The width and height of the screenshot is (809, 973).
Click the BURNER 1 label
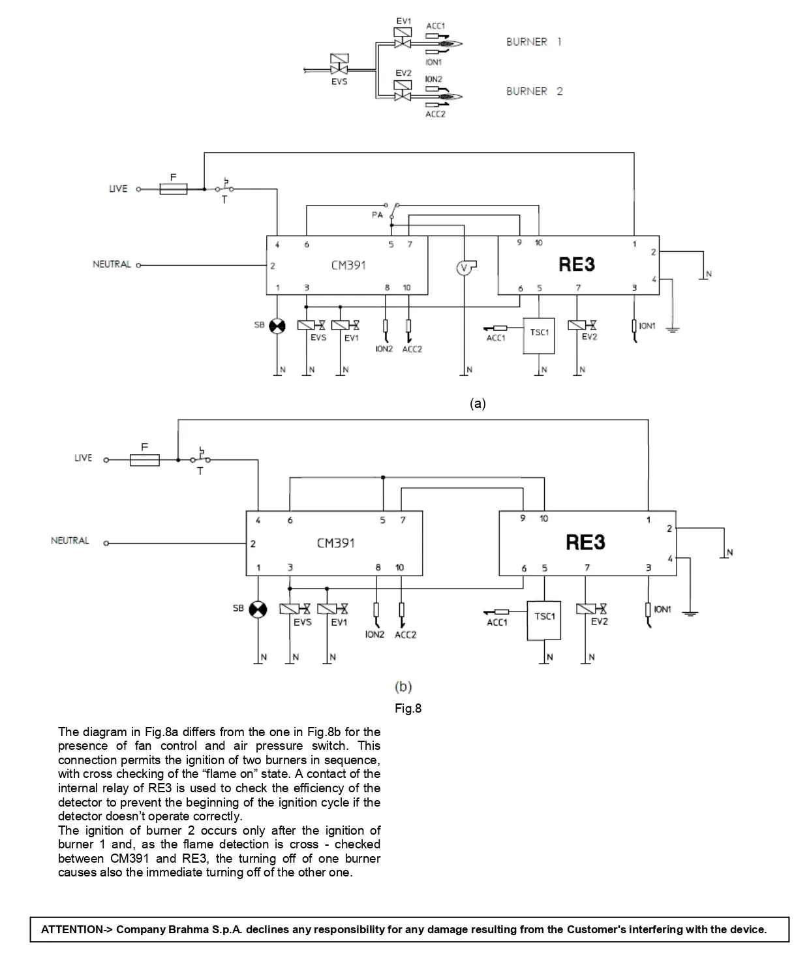[x=534, y=42]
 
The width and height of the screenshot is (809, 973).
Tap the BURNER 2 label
[x=534, y=91]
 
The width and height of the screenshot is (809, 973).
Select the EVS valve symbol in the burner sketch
[x=339, y=65]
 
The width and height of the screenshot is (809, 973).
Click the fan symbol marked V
[x=464, y=268]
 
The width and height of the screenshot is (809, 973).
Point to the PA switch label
[x=377, y=215]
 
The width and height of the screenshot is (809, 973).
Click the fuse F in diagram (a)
[x=173, y=189]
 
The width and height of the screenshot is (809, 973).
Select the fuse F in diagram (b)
[x=145, y=460]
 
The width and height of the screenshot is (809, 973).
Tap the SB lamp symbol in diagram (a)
[x=277, y=326]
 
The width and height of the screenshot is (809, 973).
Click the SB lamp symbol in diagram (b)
[x=258, y=610]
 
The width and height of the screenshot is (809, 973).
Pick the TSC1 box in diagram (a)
[x=539, y=336]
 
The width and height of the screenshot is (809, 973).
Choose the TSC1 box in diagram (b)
[x=544, y=620]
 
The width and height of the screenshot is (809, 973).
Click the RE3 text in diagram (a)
[x=577, y=265]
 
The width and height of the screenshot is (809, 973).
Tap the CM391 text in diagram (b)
[x=335, y=543]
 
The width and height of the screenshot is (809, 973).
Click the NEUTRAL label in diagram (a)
[x=112, y=265]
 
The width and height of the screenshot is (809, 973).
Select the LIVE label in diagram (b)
[x=84, y=458]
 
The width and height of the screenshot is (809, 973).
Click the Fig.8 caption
[x=408, y=709]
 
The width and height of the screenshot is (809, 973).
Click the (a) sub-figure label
[x=478, y=404]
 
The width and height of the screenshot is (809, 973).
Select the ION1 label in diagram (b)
[x=662, y=610]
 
